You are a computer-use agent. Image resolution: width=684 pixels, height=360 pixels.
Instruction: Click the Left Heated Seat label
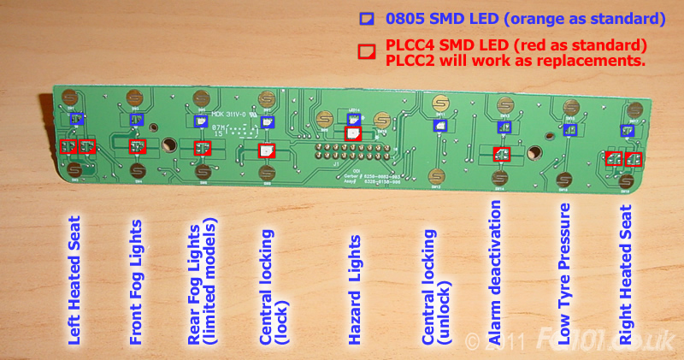click(x=74, y=279)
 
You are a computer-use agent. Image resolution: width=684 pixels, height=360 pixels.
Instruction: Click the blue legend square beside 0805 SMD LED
click(x=366, y=17)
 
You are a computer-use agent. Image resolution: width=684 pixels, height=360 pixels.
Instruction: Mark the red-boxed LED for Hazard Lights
click(x=352, y=133)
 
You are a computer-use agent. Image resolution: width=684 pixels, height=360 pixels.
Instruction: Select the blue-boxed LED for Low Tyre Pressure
click(x=571, y=128)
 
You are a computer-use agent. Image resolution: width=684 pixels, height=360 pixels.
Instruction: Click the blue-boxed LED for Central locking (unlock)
click(x=439, y=125)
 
